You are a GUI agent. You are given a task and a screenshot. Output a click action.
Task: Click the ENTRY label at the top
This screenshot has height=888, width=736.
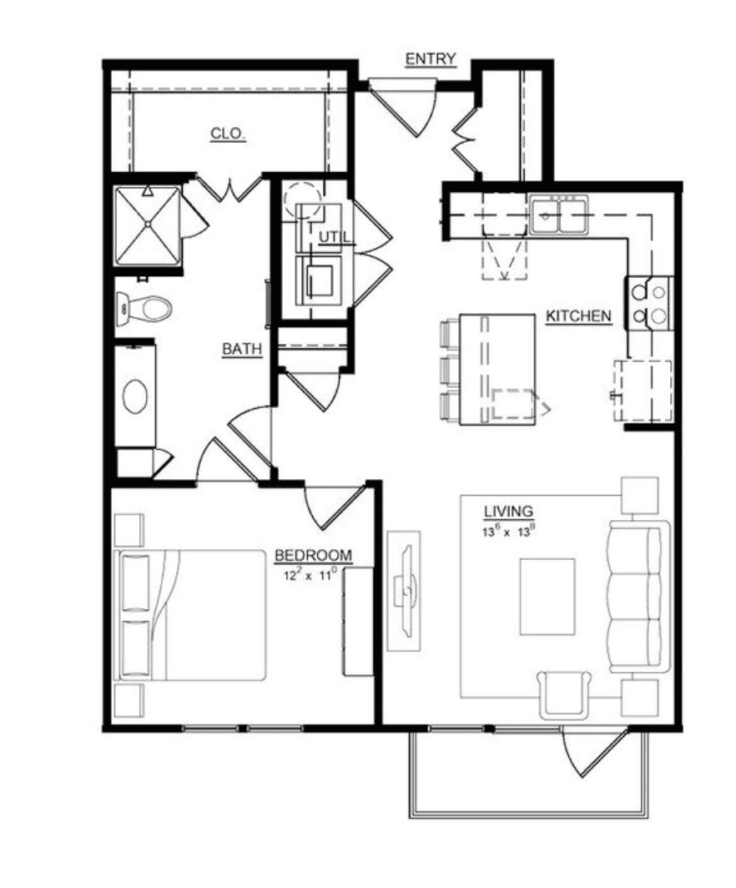(431, 59)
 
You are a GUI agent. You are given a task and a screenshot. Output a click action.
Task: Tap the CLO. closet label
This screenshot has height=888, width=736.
(228, 134)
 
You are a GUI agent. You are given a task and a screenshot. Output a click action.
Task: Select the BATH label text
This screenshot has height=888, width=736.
(242, 350)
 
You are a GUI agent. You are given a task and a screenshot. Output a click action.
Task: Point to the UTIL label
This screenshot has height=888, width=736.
(335, 238)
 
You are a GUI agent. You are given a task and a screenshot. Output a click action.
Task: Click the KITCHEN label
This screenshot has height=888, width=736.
(578, 316)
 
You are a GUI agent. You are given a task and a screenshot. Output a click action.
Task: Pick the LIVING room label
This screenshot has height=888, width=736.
(508, 512)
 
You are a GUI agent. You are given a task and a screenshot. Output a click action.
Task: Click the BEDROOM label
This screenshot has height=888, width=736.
(313, 556)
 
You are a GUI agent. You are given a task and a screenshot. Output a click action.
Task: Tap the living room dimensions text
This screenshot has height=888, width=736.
(509, 531)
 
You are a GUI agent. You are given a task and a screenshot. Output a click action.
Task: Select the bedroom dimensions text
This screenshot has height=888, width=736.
(310, 575)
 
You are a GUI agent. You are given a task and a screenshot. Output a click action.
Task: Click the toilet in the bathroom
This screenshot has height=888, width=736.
(144, 309)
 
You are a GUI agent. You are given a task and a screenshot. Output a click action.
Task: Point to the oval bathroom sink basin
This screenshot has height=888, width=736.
(135, 396)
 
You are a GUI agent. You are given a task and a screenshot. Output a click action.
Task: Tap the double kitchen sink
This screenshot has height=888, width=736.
(559, 214)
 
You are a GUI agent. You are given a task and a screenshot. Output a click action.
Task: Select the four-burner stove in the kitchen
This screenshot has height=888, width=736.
(649, 303)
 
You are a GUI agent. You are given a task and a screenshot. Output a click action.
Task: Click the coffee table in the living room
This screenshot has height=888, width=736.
(547, 597)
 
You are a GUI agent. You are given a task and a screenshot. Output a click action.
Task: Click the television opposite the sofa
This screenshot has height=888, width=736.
(404, 591)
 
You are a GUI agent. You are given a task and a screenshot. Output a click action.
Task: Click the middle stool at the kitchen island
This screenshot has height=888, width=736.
(451, 370)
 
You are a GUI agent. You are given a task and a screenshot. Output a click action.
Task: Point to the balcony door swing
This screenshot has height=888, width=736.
(594, 752)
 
